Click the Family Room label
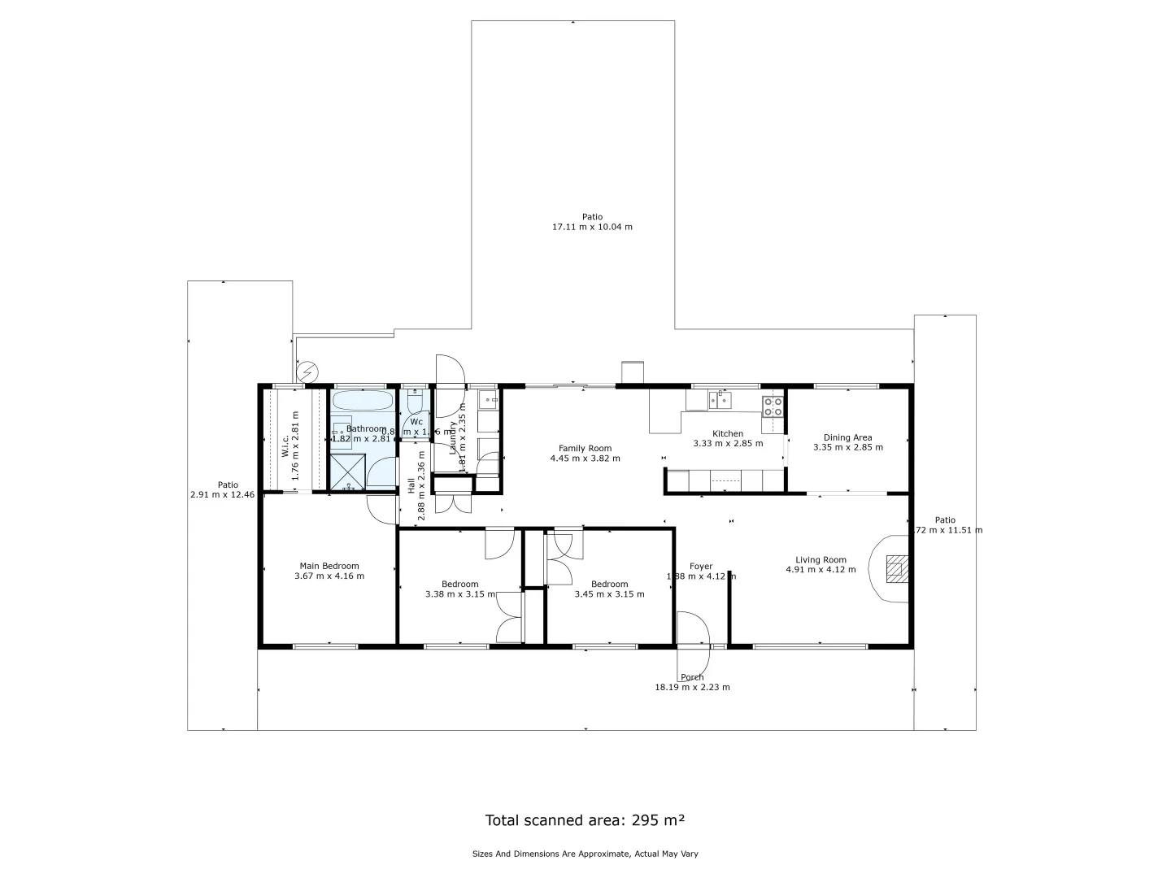585,448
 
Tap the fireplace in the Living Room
895,568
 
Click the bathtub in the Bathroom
363,401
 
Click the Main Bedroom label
329,566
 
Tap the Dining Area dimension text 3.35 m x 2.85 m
848,447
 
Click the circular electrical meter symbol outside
307,372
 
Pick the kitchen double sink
720,399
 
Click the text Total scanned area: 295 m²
585,819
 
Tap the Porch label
692,677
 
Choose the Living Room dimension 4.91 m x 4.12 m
821,570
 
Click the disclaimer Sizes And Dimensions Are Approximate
585,854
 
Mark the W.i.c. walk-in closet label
285,446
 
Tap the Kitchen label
728,433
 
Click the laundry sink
489,399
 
